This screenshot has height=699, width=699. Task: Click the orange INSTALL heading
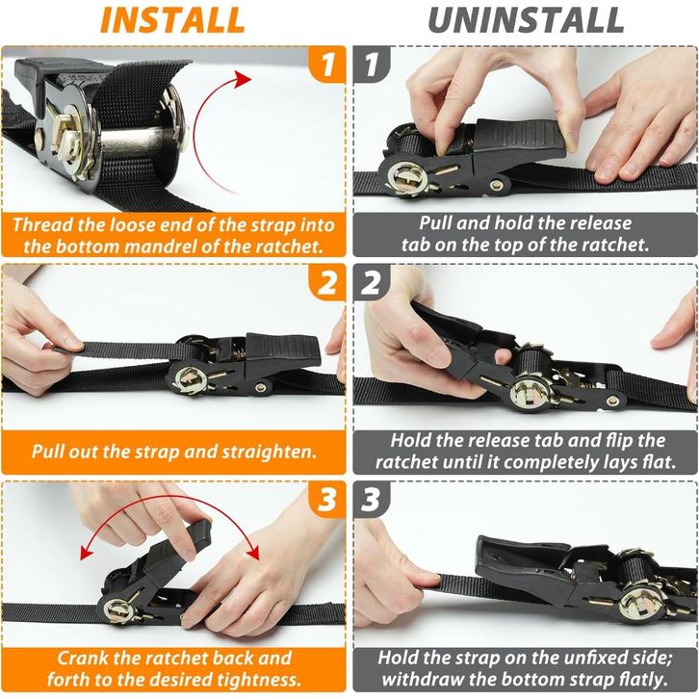click(x=172, y=20)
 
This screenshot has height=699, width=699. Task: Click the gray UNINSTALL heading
click(x=526, y=20)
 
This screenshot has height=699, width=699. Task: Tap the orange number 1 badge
click(x=327, y=65)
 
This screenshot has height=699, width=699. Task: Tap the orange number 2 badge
click(x=327, y=282)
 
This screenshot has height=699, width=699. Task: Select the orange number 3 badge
click(x=327, y=500)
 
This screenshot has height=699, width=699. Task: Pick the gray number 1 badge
click(x=372, y=65)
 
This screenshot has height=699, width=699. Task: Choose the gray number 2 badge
click(x=372, y=282)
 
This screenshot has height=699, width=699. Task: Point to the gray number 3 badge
click(x=372, y=500)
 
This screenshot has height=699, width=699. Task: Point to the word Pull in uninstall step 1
click(x=435, y=223)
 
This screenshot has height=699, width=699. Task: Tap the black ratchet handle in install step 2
click(x=282, y=352)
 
